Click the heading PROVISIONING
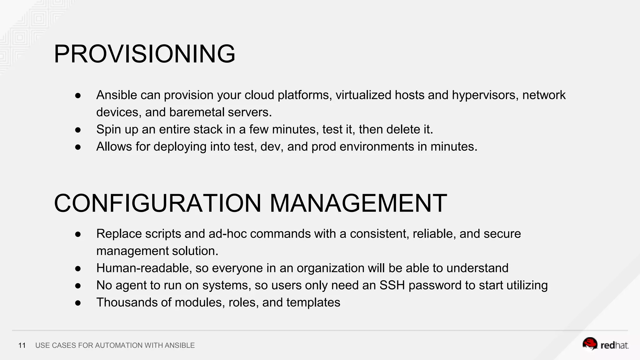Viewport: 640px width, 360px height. coord(144,54)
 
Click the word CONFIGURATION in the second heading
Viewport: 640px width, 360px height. coord(157,203)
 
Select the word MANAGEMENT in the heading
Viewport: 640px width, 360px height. coord(358,203)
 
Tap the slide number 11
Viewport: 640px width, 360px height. coord(22,345)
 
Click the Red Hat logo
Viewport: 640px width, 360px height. coord(605,344)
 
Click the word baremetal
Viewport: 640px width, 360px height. coord(197,112)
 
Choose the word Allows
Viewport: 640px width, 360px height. coord(114,147)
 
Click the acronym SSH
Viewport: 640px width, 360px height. coord(392,285)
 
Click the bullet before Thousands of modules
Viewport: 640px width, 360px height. coord(78,303)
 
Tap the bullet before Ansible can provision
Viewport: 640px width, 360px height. coord(78,95)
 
